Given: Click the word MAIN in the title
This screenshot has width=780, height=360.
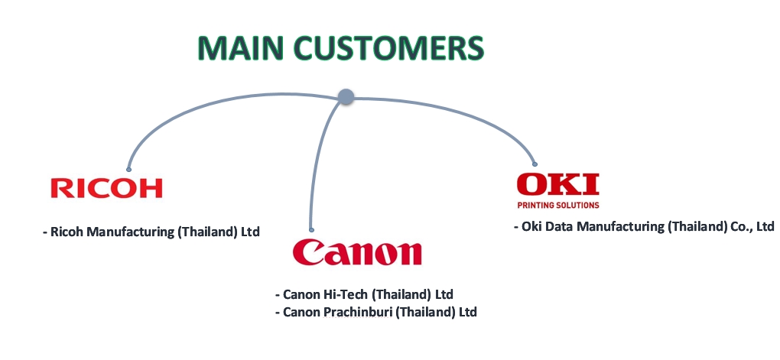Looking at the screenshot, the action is click(241, 48).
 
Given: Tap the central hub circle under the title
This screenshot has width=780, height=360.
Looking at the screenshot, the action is click(346, 96).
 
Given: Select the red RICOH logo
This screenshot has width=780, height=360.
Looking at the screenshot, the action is click(106, 189).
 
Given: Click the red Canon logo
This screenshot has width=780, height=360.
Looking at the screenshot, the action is click(357, 251).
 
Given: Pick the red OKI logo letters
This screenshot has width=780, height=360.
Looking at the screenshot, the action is click(558, 184).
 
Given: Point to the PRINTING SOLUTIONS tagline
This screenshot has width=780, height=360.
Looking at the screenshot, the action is click(558, 205).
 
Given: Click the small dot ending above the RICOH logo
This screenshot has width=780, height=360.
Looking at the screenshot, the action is click(128, 170).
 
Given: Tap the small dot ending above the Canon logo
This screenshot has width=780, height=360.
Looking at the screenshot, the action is click(311, 230).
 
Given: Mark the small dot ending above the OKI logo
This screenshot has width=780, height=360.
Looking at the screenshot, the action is click(535, 164).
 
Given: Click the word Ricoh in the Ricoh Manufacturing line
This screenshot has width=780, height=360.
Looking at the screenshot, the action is click(67, 232).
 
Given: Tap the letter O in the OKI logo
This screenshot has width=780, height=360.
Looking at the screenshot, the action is click(532, 184).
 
